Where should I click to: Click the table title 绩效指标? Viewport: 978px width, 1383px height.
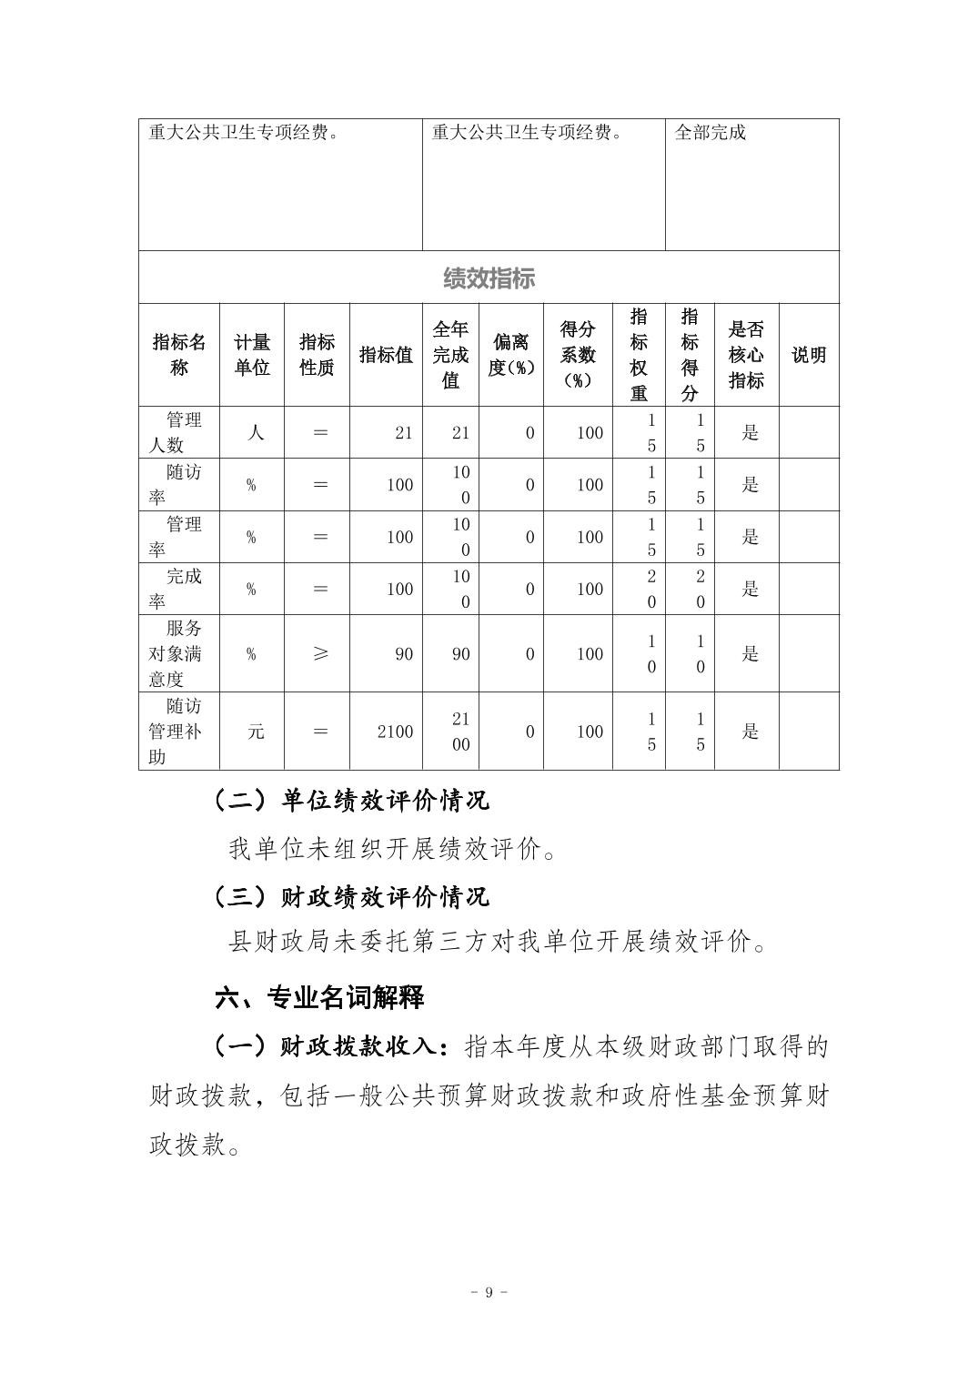489,278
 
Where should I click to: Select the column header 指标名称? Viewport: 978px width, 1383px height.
179,355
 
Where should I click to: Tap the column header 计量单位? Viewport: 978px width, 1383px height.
252,355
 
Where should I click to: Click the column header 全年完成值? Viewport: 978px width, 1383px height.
450,355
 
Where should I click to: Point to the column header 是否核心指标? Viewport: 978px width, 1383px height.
746,355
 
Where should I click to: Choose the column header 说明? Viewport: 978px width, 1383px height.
809,355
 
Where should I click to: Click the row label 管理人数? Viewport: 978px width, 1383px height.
179,432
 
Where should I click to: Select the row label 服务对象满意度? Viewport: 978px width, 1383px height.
179,653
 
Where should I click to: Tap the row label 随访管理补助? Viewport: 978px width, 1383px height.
179,732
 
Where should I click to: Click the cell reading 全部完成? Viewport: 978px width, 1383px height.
710,133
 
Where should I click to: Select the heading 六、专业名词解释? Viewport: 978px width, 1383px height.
319,997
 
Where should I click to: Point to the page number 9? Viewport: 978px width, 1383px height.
489,1292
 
